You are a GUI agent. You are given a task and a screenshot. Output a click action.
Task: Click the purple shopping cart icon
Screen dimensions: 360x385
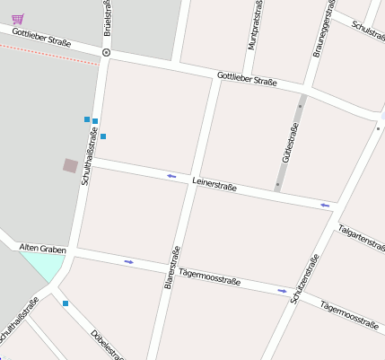(x=18, y=17)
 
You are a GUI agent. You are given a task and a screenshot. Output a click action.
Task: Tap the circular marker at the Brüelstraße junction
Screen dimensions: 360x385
(x=107, y=53)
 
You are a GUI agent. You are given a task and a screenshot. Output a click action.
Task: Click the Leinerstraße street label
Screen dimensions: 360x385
(x=214, y=186)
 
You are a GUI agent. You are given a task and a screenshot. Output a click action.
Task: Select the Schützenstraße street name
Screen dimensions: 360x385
(x=305, y=279)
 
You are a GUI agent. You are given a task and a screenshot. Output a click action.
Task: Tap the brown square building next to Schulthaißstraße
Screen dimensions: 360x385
(x=70, y=165)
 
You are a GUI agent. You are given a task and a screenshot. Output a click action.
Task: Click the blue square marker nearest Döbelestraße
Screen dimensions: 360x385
(x=66, y=303)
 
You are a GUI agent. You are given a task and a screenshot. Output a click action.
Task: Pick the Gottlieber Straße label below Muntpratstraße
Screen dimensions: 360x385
(x=247, y=79)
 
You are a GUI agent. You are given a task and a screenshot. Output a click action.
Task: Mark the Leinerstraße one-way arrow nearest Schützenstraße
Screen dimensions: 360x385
(x=326, y=206)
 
